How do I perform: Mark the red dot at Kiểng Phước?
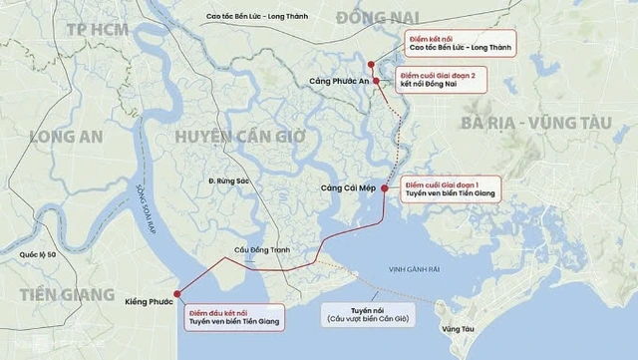[177, 293]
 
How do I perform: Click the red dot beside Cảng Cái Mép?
[384, 186]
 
